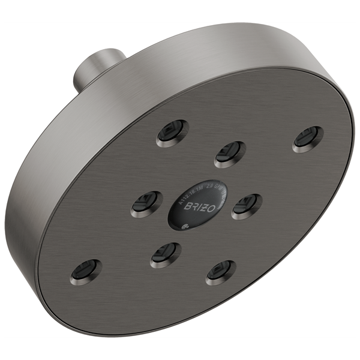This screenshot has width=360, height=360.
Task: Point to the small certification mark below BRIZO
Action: coord(185,226)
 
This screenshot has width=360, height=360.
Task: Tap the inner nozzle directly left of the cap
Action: coord(146,204)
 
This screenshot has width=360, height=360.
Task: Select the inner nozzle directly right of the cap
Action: coord(246,206)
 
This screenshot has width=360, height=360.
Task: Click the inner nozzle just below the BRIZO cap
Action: coord(166,255)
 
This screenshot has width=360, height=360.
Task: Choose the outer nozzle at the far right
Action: coord(308,139)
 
